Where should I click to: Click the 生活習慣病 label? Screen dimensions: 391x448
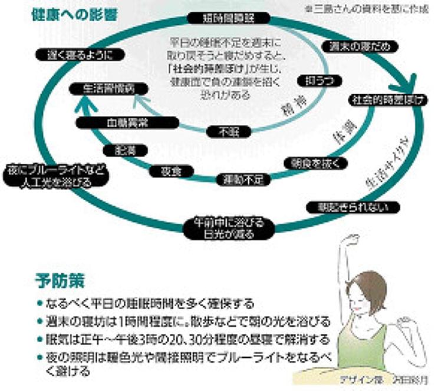(107, 90)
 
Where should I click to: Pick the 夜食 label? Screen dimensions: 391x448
(171, 171)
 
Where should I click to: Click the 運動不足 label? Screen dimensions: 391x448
(243, 180)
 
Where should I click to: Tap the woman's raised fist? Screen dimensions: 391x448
(353, 240)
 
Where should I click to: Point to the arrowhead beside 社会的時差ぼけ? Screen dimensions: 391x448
(411, 82)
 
